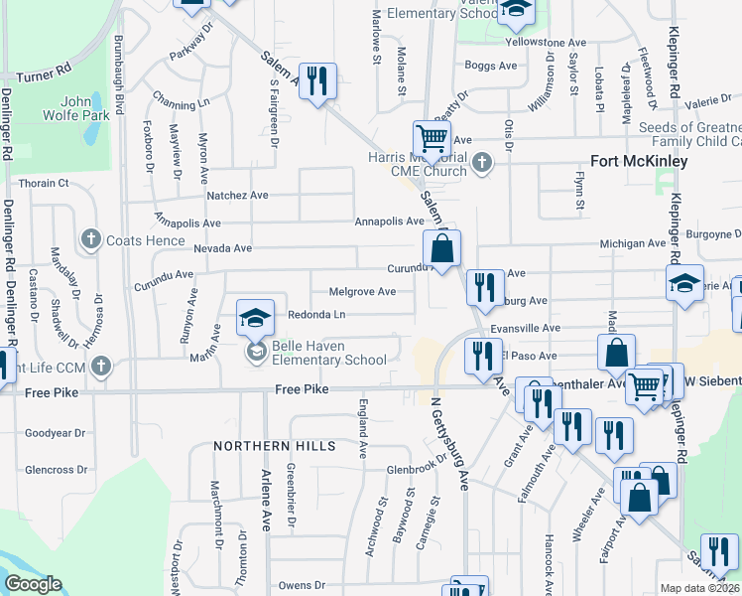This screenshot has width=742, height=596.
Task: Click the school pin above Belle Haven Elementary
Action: tap(255, 319)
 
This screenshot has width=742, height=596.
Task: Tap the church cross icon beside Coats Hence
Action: tap(91, 239)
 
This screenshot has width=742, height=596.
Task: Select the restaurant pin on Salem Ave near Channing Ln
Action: tap(317, 80)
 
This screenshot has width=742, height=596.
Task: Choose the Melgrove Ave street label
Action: tap(362, 292)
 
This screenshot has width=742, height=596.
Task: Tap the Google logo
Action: tap(33, 584)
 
